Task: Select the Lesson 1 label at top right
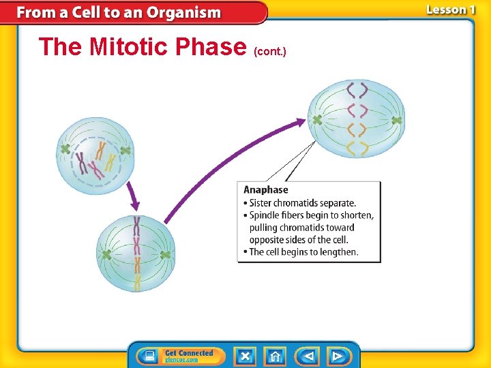[x=450, y=10]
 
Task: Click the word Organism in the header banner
[x=183, y=12]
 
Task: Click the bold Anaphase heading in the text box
[x=266, y=190]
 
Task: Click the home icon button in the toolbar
[x=275, y=356]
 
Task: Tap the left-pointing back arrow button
[x=308, y=356]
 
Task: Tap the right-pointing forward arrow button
[x=337, y=356]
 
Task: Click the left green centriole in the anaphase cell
[x=317, y=120]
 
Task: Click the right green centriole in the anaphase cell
[x=397, y=120]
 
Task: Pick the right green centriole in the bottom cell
[x=164, y=255]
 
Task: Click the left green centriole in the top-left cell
[x=65, y=149]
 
